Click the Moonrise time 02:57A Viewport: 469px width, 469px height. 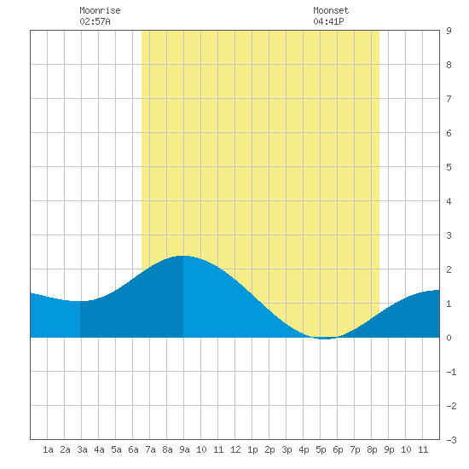tap(95, 21)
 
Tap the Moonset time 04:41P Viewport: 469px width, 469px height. tap(328, 21)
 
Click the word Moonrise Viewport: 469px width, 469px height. tap(100, 10)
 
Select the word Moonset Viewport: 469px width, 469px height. tap(331, 10)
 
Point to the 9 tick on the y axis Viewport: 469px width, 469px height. tap(449, 31)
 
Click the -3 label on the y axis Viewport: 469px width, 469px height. tap(451, 440)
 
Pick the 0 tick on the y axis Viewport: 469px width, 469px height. tap(449, 338)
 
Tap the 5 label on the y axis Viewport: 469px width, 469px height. tap(449, 167)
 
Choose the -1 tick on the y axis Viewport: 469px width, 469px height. tap(451, 372)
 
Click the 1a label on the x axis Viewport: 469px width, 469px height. tap(48, 449)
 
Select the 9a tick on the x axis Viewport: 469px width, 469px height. tap(184, 449)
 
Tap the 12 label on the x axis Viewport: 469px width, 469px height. tap(235, 449)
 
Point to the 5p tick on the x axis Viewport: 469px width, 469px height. tap(321, 449)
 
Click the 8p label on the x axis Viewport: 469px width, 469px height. tap(372, 449)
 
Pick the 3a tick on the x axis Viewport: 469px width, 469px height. tap(82, 449)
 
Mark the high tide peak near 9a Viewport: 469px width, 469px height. tap(183, 256)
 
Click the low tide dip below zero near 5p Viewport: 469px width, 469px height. tap(326, 339)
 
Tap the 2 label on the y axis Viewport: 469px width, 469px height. tap(449, 269)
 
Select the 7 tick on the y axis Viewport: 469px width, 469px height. tap(449, 99)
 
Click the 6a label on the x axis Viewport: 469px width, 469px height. tap(133, 449)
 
